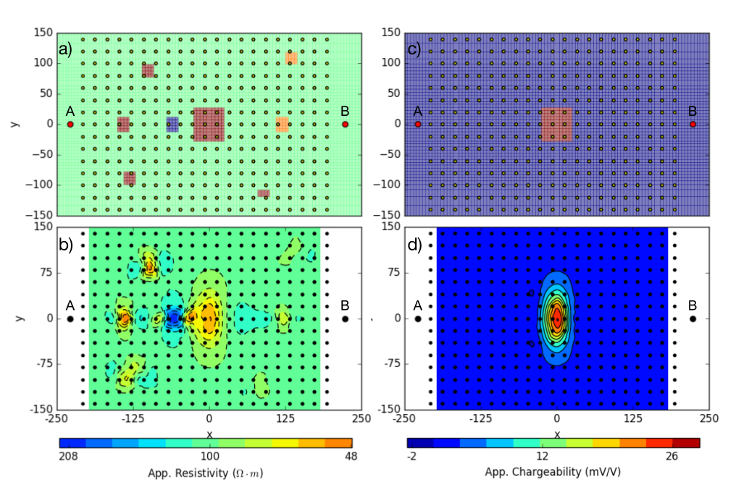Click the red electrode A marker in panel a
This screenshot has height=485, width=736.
click(70, 125)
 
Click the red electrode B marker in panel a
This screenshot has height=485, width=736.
click(346, 125)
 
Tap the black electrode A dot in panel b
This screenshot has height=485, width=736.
click(70, 319)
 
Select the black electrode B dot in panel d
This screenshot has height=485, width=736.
click(693, 319)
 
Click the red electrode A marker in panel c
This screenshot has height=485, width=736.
click(418, 125)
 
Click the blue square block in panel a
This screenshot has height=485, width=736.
click(172, 124)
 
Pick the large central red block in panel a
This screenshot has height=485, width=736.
click(209, 124)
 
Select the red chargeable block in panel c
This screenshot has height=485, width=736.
click(556, 124)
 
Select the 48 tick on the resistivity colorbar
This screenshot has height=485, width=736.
click(351, 456)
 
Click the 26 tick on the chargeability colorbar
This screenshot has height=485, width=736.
click(672, 456)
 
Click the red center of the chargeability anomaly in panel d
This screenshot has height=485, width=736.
click(557, 318)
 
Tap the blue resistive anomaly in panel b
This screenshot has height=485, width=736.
click(172, 319)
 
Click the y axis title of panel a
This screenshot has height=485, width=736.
click(15, 124)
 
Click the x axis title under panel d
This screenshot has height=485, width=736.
click(557, 434)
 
